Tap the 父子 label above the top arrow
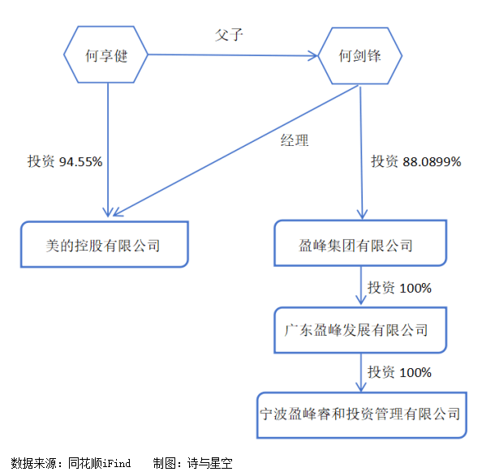pyautogui.click(x=229, y=35)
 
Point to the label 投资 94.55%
pyautogui.click(x=65, y=161)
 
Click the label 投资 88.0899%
pyautogui.click(x=416, y=161)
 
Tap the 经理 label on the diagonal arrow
pyautogui.click(x=295, y=140)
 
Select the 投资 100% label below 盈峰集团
pyautogui.click(x=399, y=288)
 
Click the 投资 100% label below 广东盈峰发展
pyautogui.click(x=399, y=372)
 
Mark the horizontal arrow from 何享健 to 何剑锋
pyautogui.click(x=233, y=55)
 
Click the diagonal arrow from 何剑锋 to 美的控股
pyautogui.click(x=235, y=151)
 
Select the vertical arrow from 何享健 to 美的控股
pyautogui.click(x=108, y=150)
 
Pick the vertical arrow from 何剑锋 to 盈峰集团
pyautogui.click(x=362, y=153)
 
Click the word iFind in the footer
pyautogui.click(x=117, y=463)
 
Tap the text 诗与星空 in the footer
pyautogui.click(x=210, y=463)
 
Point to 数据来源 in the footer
pyautogui.click(x=33, y=463)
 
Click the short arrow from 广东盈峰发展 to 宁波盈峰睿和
pyautogui.click(x=361, y=372)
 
